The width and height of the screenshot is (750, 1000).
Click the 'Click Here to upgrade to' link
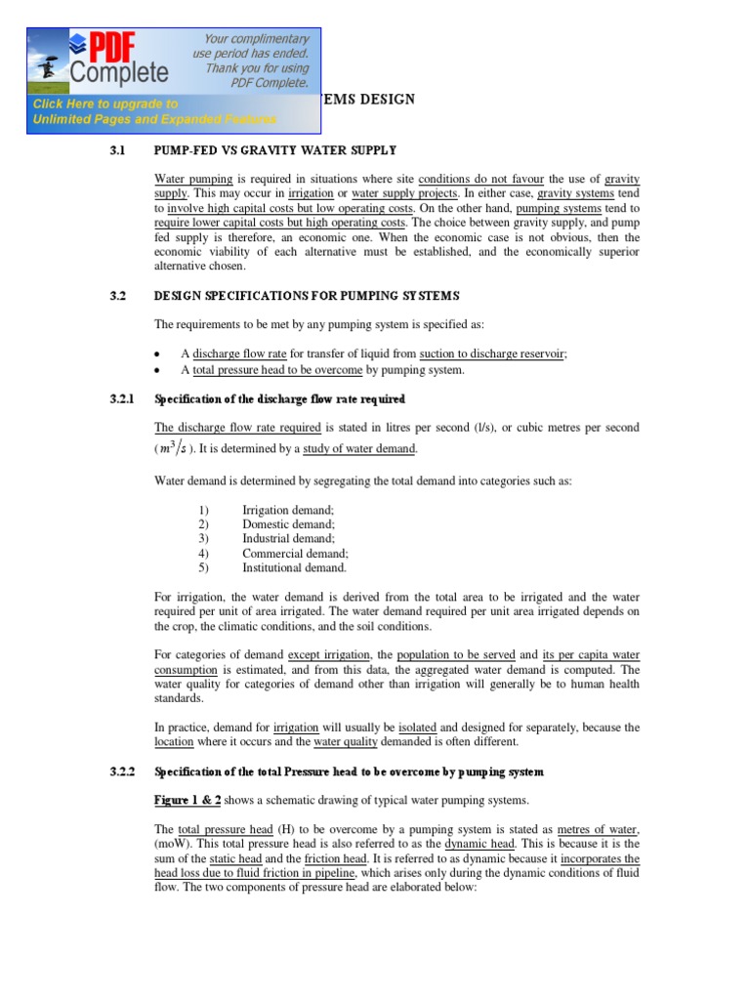pos(105,104)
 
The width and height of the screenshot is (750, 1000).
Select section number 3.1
pos(119,150)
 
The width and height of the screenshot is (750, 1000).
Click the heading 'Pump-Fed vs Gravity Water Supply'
pos(275,150)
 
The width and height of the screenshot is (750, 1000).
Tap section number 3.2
pos(119,296)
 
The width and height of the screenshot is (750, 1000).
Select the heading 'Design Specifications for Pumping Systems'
pos(306,296)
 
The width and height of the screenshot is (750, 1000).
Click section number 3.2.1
pos(124,399)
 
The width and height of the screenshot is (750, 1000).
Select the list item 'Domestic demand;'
pos(288,524)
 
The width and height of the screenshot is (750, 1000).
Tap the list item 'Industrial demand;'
pos(288,538)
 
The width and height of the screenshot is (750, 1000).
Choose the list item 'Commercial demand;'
pos(295,553)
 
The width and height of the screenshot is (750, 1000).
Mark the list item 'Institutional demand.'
pos(294,566)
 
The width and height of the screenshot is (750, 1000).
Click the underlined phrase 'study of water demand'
pos(359,449)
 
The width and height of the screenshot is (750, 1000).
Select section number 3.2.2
pos(124,771)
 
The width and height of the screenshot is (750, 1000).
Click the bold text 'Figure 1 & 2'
pos(188,800)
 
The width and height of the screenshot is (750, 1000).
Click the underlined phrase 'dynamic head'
pos(475,843)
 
